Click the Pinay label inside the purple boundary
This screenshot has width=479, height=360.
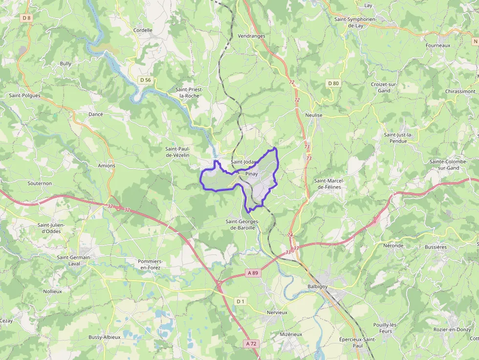(x=252, y=173)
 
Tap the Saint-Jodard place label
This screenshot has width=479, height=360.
(x=244, y=162)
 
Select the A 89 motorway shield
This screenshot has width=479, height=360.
(x=252, y=273)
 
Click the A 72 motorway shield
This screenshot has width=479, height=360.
(x=251, y=343)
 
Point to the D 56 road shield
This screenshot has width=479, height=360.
(x=145, y=80)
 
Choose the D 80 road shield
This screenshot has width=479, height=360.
(x=333, y=83)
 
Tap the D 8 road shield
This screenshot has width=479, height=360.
(x=26, y=18)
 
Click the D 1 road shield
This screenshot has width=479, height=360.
(x=240, y=301)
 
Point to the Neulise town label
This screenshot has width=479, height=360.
(x=314, y=115)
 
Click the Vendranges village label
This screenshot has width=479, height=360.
(x=251, y=36)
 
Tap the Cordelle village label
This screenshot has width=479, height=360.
(x=143, y=30)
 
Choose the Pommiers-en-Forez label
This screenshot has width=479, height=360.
(x=151, y=264)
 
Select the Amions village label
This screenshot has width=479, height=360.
(x=107, y=166)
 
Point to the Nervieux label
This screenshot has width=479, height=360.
(x=277, y=312)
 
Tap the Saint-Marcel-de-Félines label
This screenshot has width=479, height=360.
(x=329, y=184)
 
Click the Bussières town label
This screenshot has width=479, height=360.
(x=435, y=247)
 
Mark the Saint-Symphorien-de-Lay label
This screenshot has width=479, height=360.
(x=355, y=22)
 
